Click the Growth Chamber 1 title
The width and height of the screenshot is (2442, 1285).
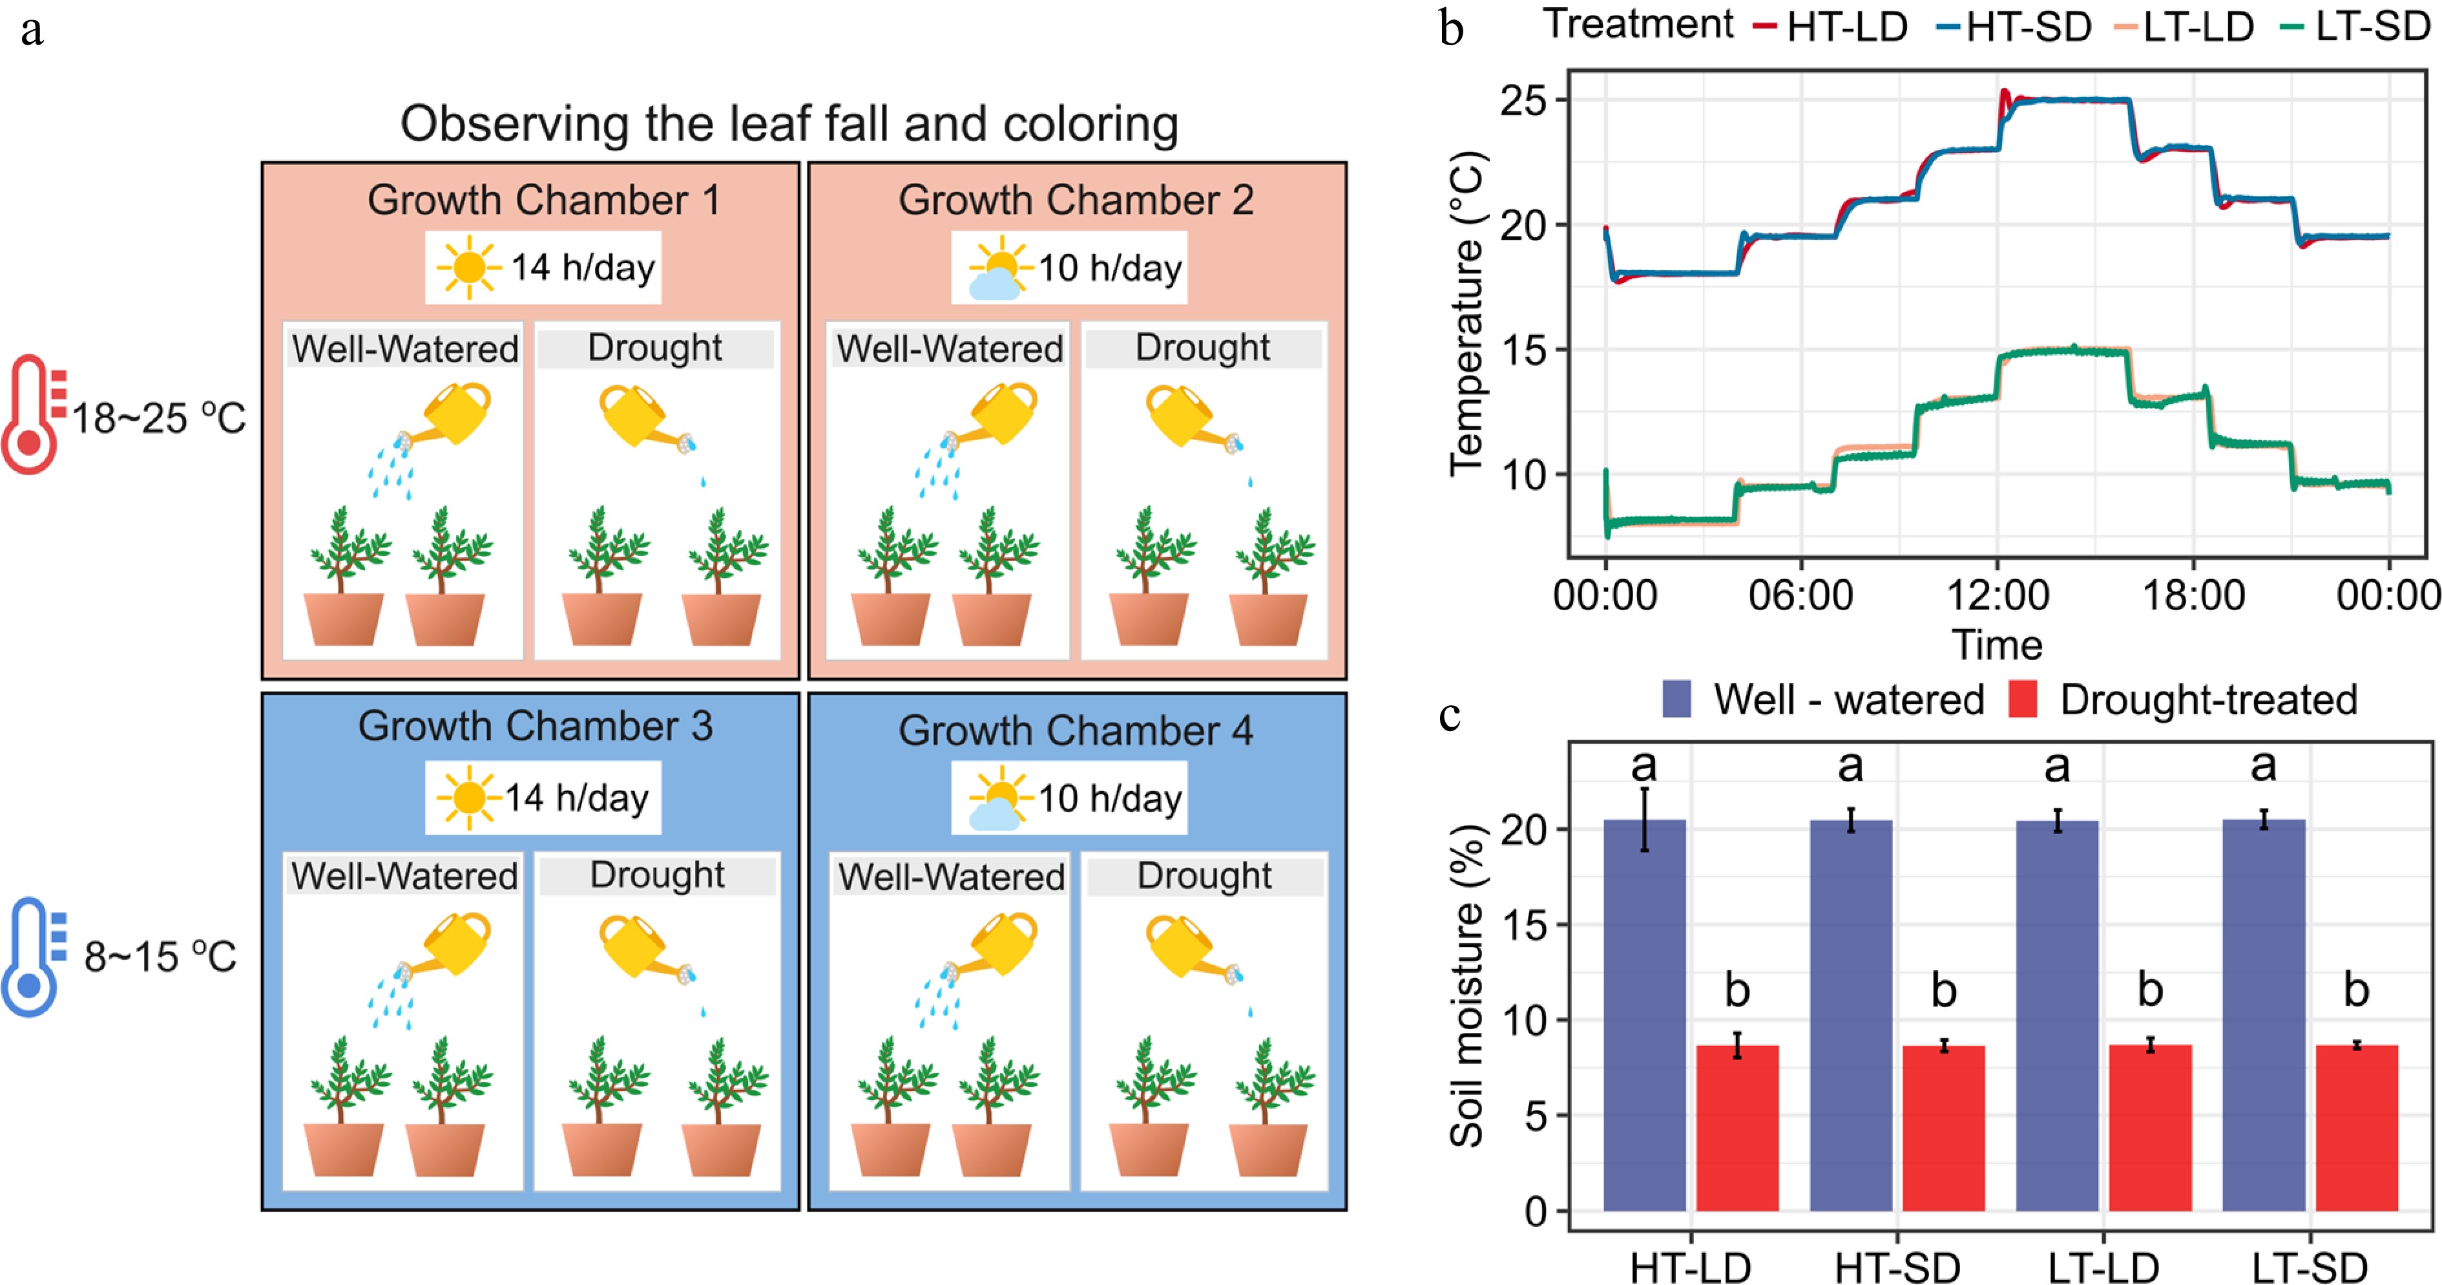point(543,200)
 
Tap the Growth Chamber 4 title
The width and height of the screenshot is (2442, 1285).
point(1076,730)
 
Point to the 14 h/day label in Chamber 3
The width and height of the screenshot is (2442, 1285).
point(576,798)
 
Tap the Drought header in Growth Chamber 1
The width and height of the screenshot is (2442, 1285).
point(655,348)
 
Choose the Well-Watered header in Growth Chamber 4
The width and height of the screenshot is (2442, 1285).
point(951,876)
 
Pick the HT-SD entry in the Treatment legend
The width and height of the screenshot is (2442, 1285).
point(2029,27)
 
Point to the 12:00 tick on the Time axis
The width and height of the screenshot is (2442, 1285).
point(1998,595)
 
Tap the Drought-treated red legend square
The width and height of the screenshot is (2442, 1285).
point(2023,699)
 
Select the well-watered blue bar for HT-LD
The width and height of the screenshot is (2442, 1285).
point(1645,1015)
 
